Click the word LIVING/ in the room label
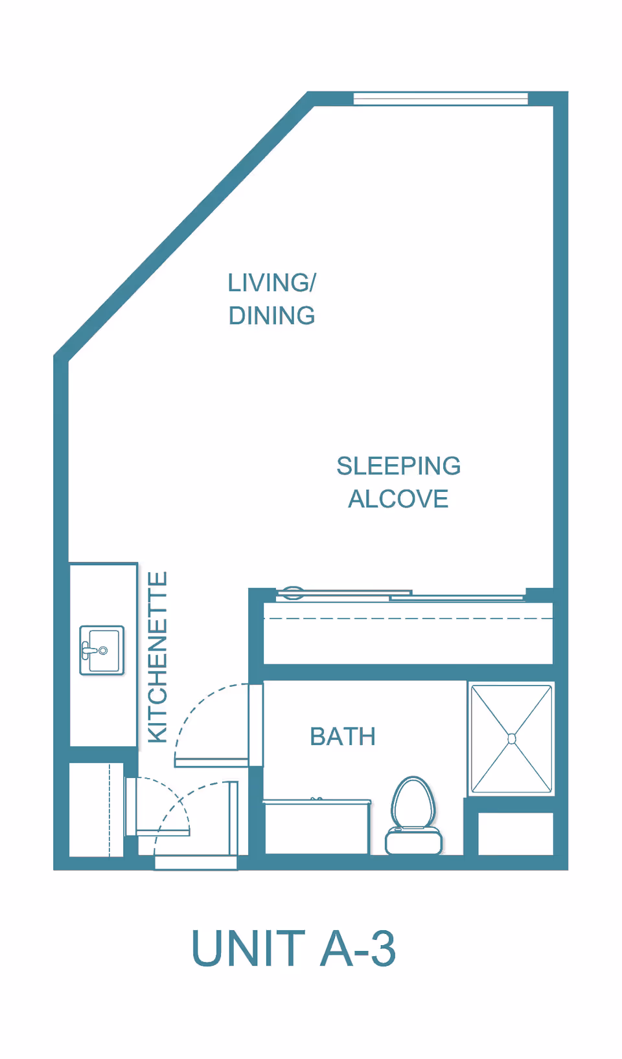tap(271, 283)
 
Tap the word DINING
tap(271, 316)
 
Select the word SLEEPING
tap(398, 466)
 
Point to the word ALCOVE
tap(398, 499)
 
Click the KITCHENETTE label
tap(157, 657)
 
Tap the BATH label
tap(343, 737)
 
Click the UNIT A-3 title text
tap(294, 949)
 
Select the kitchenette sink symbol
tap(102, 651)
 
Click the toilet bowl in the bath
tap(413, 803)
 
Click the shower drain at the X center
tap(512, 739)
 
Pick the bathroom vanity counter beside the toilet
tap(317, 827)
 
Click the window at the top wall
tap(441, 98)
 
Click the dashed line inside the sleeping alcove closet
tap(408, 619)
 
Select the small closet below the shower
tap(516, 834)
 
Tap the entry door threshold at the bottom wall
tap(196, 862)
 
